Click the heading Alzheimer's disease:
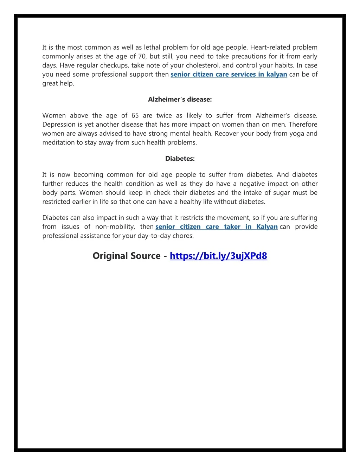coord(180,100)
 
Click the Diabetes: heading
coord(180,159)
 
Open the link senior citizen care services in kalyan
coord(229,75)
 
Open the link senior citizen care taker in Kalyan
coord(216,227)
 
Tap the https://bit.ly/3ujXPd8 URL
coord(218,256)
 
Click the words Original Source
coord(126,256)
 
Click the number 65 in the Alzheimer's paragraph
coord(135,115)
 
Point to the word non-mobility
coord(115,227)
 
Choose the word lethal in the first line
coord(152,47)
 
